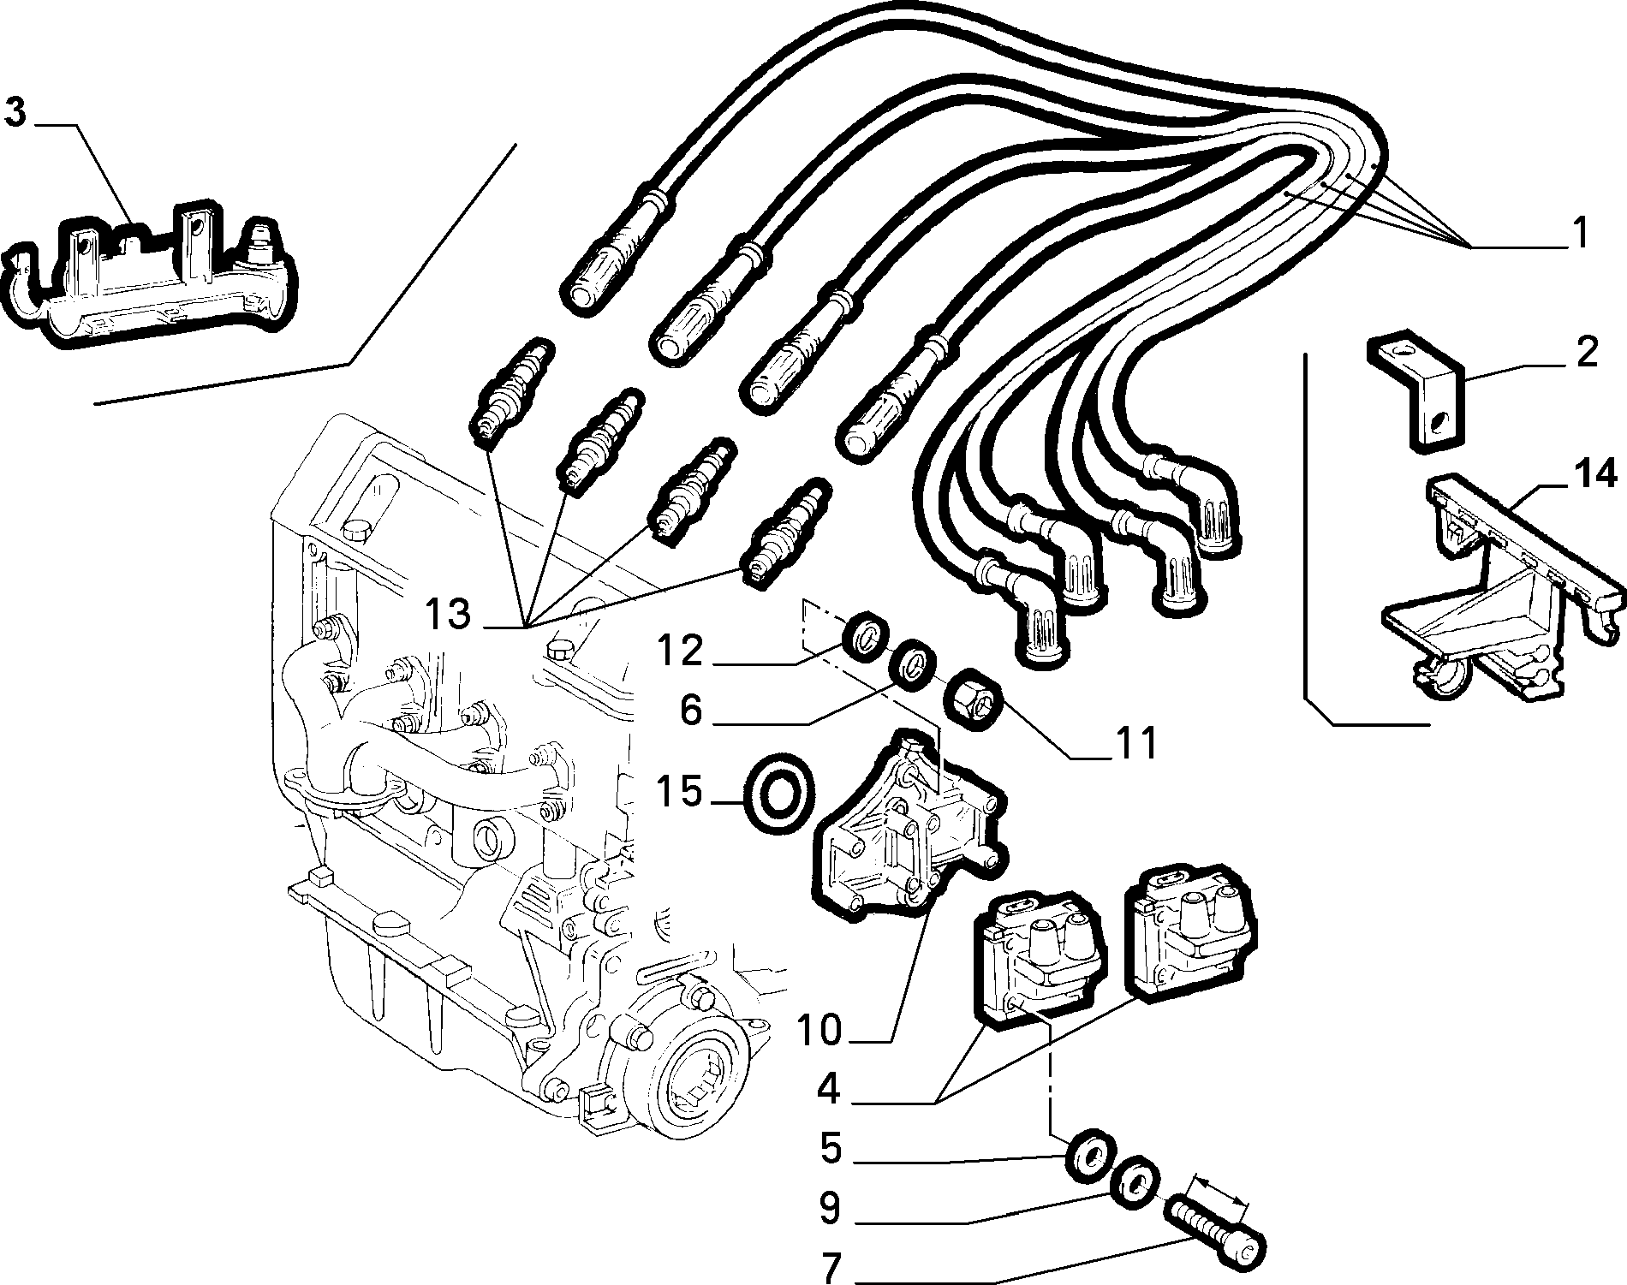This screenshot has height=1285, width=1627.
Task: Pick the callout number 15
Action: (x=680, y=793)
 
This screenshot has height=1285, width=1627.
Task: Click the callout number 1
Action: (x=1579, y=234)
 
